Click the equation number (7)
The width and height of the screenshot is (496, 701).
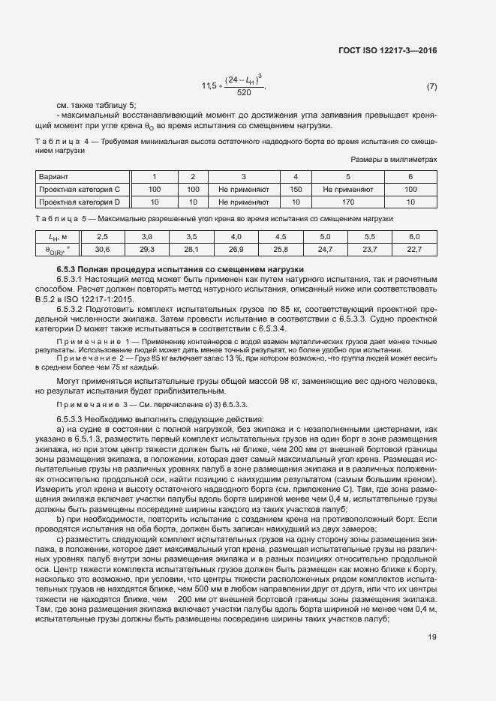(x=431, y=87)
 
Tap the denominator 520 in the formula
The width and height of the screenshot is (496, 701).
(x=244, y=93)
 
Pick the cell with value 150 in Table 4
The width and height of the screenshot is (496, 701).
(x=296, y=190)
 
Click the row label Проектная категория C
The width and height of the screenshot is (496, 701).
(x=74, y=190)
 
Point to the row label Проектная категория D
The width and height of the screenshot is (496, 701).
(x=74, y=202)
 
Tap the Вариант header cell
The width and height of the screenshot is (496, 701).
(x=53, y=177)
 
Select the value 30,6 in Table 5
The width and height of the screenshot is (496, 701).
(x=103, y=249)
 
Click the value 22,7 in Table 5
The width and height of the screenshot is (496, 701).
(x=414, y=249)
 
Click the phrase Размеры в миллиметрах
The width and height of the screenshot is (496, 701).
(x=393, y=160)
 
